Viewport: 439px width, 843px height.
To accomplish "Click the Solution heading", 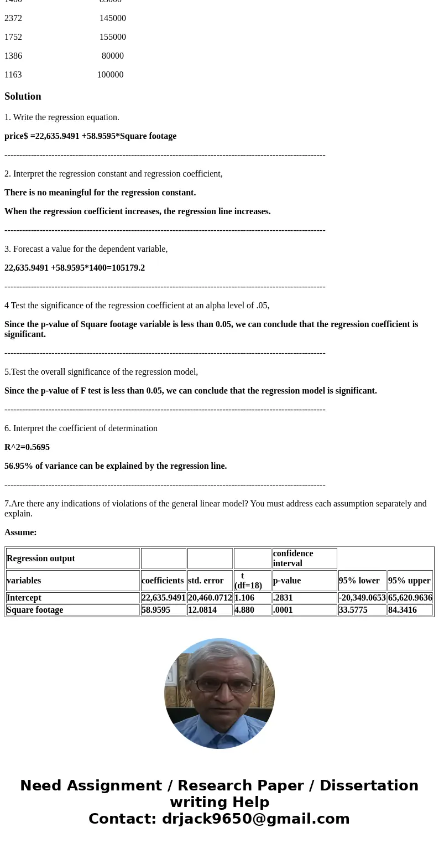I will (x=23, y=96).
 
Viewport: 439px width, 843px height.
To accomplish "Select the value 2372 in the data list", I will (x=13, y=18).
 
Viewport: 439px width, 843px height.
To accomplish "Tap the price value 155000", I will (x=113, y=37).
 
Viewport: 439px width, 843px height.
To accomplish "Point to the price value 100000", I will (x=110, y=75).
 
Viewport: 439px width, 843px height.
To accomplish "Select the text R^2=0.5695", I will (x=27, y=447).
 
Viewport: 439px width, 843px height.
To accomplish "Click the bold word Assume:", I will (x=20, y=532).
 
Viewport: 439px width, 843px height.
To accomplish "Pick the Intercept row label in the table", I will (x=24, y=598).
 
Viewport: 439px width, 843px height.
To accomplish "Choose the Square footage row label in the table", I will (x=35, y=610).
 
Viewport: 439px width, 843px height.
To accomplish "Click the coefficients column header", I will (x=163, y=581).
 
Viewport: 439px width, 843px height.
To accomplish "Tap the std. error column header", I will (x=206, y=581).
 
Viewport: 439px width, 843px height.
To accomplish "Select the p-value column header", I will (x=287, y=581).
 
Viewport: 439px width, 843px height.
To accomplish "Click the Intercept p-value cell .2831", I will (x=283, y=598).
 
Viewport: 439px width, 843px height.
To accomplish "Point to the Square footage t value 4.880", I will (x=244, y=610).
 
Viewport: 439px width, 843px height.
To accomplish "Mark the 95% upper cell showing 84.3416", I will (x=403, y=610).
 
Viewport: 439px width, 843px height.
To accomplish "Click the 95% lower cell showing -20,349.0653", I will (x=362, y=598).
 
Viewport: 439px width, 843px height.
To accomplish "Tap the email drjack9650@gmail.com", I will (x=255, y=819).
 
